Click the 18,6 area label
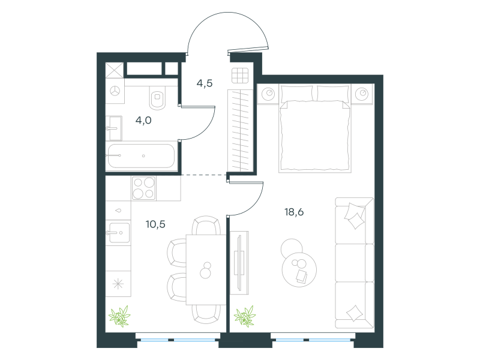[294, 212]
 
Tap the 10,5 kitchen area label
[155, 224]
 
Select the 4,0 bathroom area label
[143, 121]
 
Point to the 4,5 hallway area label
[205, 83]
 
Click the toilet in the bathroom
[157, 97]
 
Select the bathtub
[142, 156]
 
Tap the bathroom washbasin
[114, 128]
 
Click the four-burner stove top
[144, 188]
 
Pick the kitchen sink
[118, 233]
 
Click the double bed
[314, 128]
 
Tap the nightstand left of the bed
[268, 94]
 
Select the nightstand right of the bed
[362, 94]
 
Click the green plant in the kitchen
[119, 316]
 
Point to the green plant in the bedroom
[245, 316]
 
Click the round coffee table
[299, 269]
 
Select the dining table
[206, 269]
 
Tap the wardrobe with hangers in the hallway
[241, 130]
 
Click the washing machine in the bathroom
[115, 91]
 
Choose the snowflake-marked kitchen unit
[118, 284]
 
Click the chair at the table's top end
[206, 226]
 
